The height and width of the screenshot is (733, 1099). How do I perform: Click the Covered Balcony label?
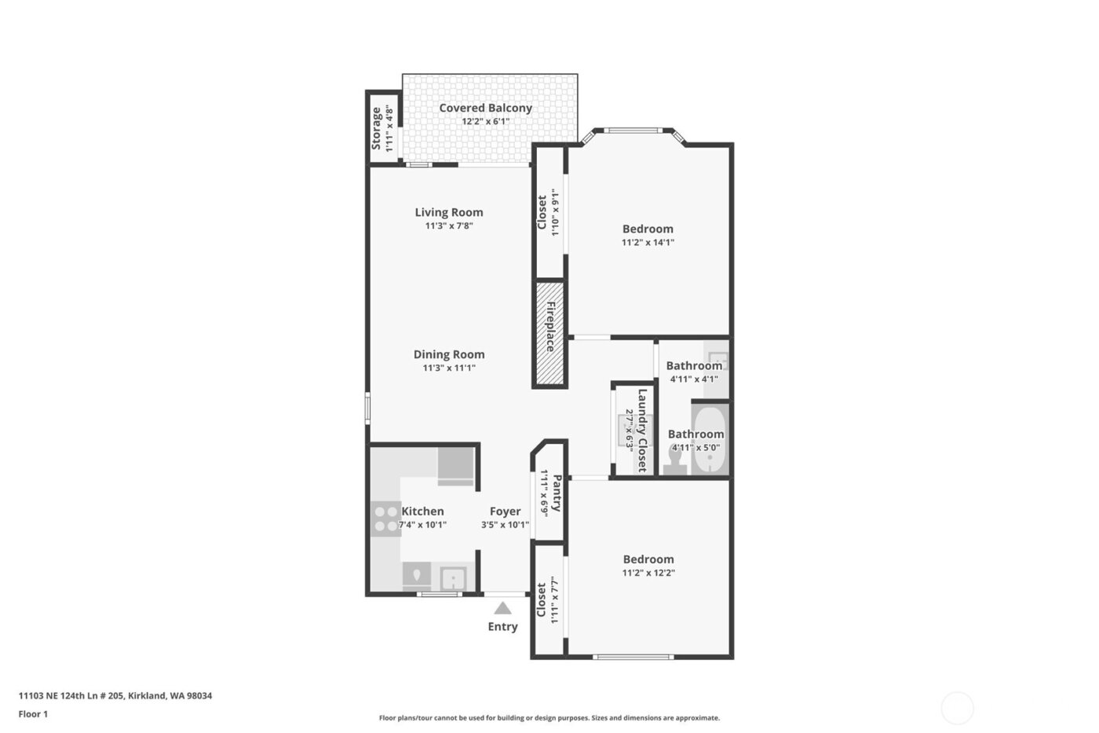pyautogui.click(x=485, y=108)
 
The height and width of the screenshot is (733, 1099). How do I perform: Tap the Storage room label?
pyautogui.click(x=377, y=128)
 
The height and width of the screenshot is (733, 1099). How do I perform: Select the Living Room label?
pyautogui.click(x=449, y=212)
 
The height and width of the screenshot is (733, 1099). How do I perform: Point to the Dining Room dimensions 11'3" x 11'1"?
pyautogui.click(x=449, y=368)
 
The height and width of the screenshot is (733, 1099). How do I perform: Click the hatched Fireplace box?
pyautogui.click(x=549, y=334)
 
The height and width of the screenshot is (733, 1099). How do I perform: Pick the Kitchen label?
pyautogui.click(x=423, y=511)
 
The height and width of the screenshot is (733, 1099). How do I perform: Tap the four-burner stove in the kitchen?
pyautogui.click(x=385, y=519)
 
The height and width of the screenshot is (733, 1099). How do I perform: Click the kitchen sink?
pyautogui.click(x=454, y=579)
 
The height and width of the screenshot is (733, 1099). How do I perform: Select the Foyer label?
pyautogui.click(x=505, y=511)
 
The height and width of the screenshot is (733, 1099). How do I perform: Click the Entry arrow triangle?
pyautogui.click(x=503, y=608)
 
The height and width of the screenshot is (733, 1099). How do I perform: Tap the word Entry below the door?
pyautogui.click(x=502, y=627)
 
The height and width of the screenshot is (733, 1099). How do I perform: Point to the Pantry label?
pyautogui.click(x=557, y=493)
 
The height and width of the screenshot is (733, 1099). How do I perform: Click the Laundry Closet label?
pyautogui.click(x=642, y=431)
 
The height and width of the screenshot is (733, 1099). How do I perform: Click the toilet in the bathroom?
pyautogui.click(x=675, y=460)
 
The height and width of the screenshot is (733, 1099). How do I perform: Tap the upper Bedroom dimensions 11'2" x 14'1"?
pyautogui.click(x=648, y=243)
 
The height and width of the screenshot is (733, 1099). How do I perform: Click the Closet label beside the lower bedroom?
pyautogui.click(x=542, y=599)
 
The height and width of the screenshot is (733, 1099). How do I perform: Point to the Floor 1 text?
pyautogui.click(x=33, y=714)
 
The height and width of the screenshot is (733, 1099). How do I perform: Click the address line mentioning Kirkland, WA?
pyautogui.click(x=115, y=695)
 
